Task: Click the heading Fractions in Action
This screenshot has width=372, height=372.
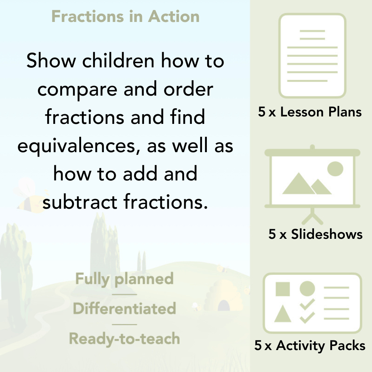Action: (125, 17)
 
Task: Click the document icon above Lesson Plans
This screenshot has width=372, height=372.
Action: (312, 56)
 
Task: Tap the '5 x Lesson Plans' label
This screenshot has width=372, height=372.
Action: (310, 112)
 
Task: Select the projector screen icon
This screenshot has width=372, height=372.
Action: (312, 179)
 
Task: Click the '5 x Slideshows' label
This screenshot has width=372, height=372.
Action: (315, 234)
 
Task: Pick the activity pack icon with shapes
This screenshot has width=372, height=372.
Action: (312, 303)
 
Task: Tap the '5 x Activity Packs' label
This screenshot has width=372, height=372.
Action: (310, 346)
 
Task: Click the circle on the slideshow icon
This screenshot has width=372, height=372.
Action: (335, 169)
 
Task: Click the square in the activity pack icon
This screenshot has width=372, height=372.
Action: (283, 289)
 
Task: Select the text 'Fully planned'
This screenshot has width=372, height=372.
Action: (125, 279)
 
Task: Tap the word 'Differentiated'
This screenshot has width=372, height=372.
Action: (125, 309)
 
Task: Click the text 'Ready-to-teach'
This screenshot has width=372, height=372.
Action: (125, 339)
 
